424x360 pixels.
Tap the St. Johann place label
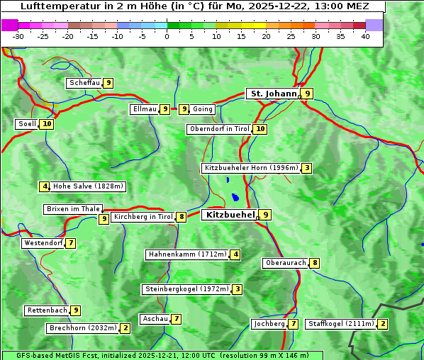point(272,94)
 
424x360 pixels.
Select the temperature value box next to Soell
point(47,124)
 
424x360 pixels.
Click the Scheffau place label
point(84,83)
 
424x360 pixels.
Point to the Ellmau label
point(144,109)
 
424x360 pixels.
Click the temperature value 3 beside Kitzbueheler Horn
point(306,168)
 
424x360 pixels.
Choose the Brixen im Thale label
point(73,209)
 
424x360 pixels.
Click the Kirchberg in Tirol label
point(143,217)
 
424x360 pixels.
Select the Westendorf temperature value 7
point(71,243)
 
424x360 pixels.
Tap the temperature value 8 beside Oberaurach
point(315,263)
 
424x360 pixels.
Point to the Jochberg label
point(269,324)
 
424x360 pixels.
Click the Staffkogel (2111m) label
point(340,324)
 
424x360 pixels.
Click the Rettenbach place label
point(48,310)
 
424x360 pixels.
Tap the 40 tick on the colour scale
point(365,36)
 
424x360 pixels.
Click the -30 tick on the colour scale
point(18,36)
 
